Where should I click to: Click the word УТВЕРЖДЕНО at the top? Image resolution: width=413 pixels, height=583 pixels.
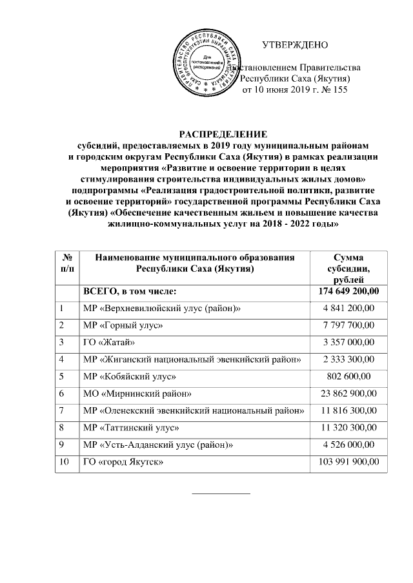coord(295,45)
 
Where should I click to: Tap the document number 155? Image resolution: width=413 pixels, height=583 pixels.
coord(339,90)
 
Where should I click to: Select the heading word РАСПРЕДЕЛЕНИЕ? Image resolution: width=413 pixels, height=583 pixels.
coord(223,134)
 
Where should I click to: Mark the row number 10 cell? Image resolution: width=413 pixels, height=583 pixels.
coord(65,462)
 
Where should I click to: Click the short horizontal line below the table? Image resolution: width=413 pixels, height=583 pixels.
coord(222,493)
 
